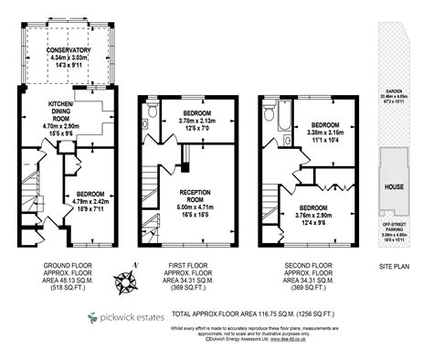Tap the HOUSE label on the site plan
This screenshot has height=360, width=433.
pos(395,186)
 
